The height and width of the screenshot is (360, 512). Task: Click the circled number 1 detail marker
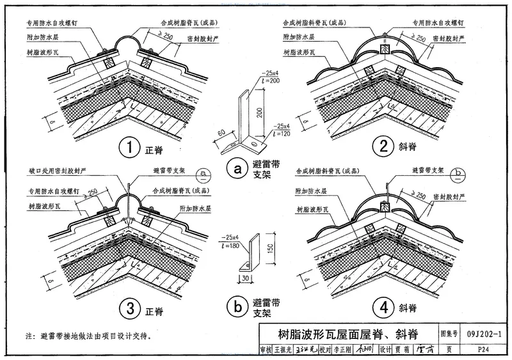tap(130, 148)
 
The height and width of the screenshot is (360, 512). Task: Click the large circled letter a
tap(238, 169)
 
